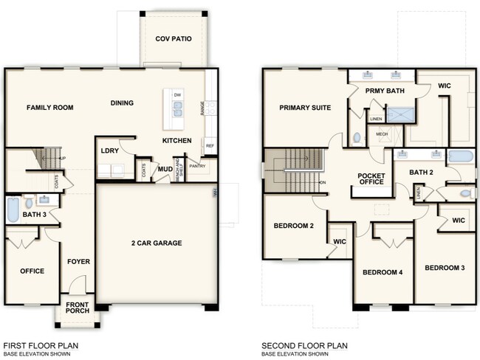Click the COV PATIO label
[x=174, y=38]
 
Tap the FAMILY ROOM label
[x=50, y=108]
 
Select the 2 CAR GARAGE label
[x=157, y=243]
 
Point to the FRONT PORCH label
[x=78, y=308]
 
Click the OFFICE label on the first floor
[x=31, y=271]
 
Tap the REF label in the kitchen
[x=210, y=145]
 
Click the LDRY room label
[x=110, y=151]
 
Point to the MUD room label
[x=165, y=169]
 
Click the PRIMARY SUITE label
[x=304, y=108]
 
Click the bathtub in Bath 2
[x=459, y=156]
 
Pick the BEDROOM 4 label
[x=383, y=272]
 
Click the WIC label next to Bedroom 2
[x=340, y=240]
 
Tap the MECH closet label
[x=382, y=134]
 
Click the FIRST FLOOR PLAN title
[x=41, y=345]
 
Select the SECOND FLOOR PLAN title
[x=304, y=345]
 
